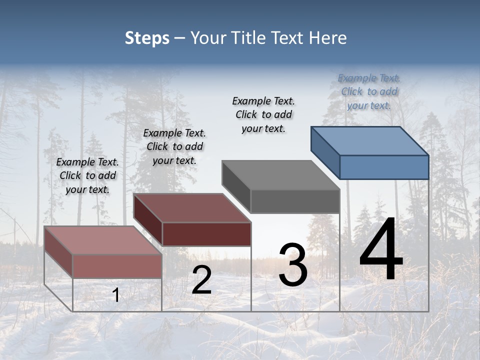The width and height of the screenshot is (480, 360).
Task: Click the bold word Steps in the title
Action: point(147,38)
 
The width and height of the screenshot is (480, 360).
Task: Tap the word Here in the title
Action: point(328,38)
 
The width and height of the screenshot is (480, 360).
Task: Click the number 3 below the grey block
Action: point(293,265)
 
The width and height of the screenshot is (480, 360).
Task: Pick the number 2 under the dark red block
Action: point(201,280)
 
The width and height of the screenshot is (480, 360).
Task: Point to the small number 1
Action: point(116,295)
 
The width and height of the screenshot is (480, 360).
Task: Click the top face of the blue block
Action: point(370,141)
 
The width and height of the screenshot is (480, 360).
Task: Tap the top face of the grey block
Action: point(281,175)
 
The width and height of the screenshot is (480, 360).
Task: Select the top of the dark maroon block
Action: point(192,208)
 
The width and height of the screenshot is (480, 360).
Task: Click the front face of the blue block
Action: point(384,167)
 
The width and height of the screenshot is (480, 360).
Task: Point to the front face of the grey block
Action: point(295,201)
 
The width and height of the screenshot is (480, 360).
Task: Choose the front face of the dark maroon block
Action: point(206,234)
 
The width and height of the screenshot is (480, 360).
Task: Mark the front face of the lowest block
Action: point(117,266)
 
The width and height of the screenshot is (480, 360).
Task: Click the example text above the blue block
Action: point(369,91)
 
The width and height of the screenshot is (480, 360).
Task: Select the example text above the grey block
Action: point(263,114)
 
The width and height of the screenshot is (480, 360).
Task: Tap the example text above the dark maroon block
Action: point(174,146)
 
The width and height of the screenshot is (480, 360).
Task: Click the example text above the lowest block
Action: point(87,175)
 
